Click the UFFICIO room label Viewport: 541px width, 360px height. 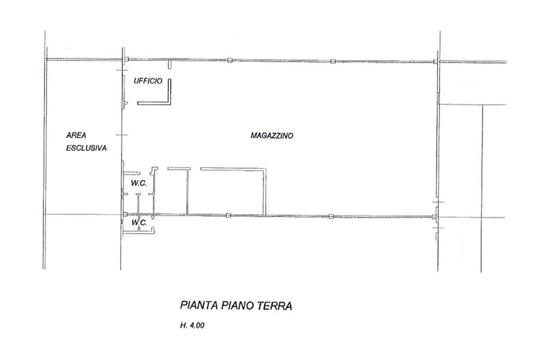point(148,81)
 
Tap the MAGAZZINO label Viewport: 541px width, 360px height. point(272,136)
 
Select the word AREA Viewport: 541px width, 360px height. point(76,135)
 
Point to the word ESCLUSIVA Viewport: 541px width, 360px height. point(86,148)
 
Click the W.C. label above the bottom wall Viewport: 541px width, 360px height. point(139,183)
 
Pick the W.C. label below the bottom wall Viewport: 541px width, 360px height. point(139,223)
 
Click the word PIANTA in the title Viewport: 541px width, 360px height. point(199,306)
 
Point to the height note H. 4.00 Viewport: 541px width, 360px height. point(192,325)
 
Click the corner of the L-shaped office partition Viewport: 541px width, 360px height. point(170,102)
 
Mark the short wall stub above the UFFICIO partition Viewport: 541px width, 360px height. point(170,64)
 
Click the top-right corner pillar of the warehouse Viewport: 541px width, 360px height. point(435,62)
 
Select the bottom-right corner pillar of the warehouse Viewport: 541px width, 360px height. point(435,217)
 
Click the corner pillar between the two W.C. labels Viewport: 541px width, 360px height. point(126,214)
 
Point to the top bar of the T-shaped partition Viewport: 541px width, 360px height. point(179,168)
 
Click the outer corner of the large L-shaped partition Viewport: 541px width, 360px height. point(265,169)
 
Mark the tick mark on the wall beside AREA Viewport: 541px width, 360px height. point(122,135)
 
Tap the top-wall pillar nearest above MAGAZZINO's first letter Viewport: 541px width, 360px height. point(230,60)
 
